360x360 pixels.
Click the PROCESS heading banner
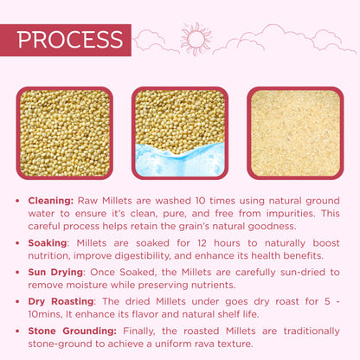click(69, 40)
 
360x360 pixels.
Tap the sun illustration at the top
click(196, 39)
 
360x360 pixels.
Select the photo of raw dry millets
click(64, 132)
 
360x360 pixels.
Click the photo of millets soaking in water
click(179, 132)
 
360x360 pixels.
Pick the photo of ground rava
click(294, 132)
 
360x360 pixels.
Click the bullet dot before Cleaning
click(19, 199)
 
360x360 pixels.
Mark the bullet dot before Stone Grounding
click(19, 330)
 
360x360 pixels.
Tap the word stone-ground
click(57, 344)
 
